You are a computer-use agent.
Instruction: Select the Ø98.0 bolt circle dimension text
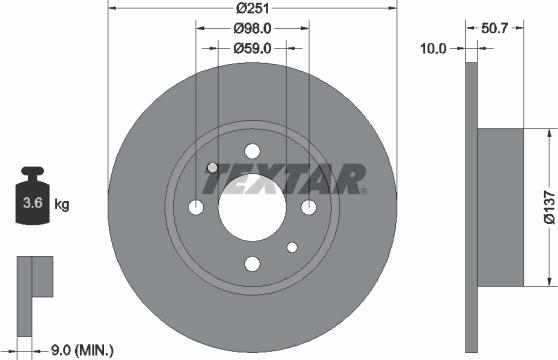(251, 30)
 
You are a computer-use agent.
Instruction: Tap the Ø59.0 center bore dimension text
(251, 47)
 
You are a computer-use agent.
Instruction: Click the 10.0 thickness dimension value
(433, 46)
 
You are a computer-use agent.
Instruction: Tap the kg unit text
(61, 206)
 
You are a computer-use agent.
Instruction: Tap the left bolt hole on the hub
(195, 207)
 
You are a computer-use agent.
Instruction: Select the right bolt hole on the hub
(308, 207)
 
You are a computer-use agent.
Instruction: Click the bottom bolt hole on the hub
(251, 264)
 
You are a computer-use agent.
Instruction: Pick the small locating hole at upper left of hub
(212, 167)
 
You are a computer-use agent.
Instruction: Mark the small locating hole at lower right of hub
(291, 247)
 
